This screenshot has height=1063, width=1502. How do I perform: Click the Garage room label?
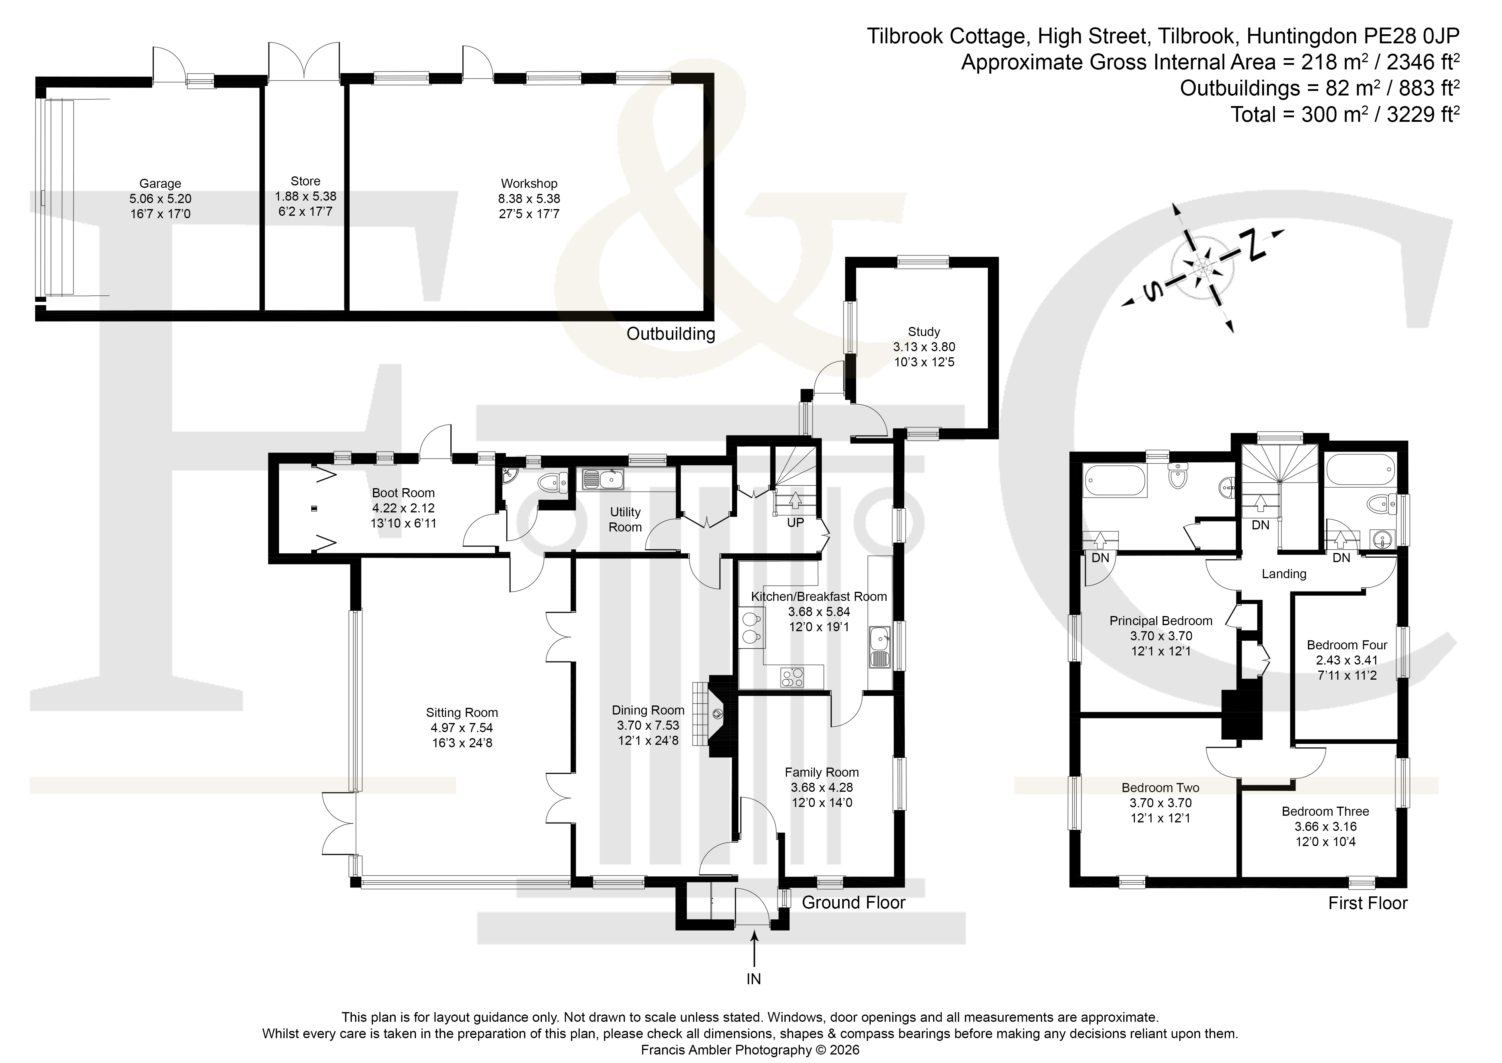(x=160, y=184)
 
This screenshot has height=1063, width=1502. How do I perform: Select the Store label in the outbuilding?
(x=305, y=181)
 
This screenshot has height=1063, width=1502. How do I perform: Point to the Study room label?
(x=924, y=332)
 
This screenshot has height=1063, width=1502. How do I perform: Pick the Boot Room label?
(x=403, y=493)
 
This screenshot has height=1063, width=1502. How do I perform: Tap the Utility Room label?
(x=626, y=520)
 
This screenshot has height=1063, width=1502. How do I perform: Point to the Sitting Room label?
(x=462, y=713)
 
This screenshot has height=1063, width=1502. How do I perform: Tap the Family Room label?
(x=822, y=772)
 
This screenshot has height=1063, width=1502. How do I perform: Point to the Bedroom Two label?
(x=1160, y=788)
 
